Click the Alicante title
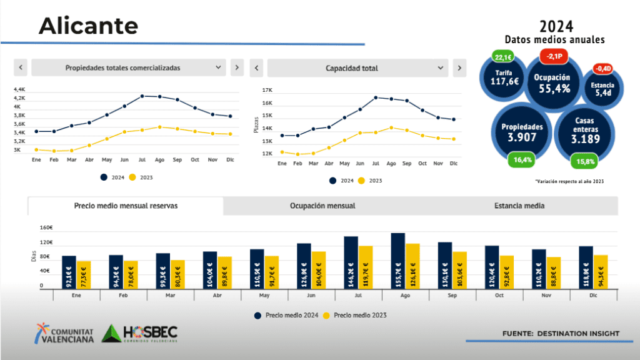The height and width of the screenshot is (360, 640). pyautogui.click(x=88, y=26)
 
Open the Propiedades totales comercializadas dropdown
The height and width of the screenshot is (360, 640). pyautogui.click(x=128, y=67)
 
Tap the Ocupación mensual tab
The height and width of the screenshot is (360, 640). pyautogui.click(x=322, y=206)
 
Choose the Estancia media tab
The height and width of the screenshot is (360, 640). pyautogui.click(x=519, y=206)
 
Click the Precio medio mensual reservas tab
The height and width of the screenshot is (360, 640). pyautogui.click(x=126, y=206)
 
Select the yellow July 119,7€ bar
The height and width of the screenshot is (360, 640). pyautogui.click(x=366, y=267)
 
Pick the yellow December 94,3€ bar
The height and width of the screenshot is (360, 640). pyautogui.click(x=600, y=271)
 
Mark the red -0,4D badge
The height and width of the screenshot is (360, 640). pyautogui.click(x=603, y=69)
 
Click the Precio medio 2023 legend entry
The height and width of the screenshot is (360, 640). pyautogui.click(x=356, y=315)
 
